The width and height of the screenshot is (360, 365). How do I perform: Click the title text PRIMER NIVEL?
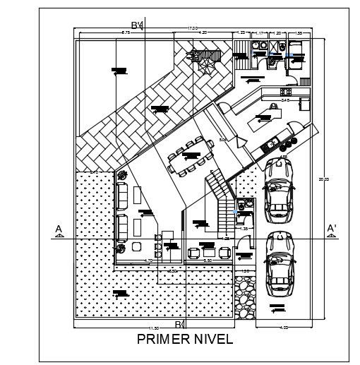tap(184, 340)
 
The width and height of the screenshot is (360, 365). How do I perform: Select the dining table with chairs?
tap(191, 157)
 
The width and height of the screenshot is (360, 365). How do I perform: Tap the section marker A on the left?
tap(59, 230)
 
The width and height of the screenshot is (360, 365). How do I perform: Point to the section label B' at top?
tap(138, 26)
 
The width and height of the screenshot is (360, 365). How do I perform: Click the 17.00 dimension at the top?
tap(192, 29)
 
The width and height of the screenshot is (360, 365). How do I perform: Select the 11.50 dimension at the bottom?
tap(152, 330)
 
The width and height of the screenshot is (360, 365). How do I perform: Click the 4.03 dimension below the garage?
tap(284, 328)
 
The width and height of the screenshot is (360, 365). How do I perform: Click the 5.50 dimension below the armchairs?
tap(208, 261)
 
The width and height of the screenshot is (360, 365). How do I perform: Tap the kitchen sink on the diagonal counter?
tap(271, 144)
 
